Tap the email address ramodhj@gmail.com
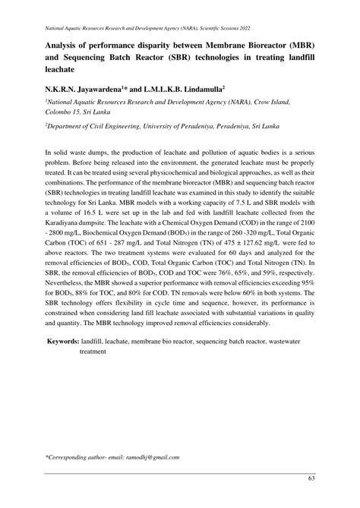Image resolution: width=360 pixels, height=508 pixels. coord(149,457)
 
